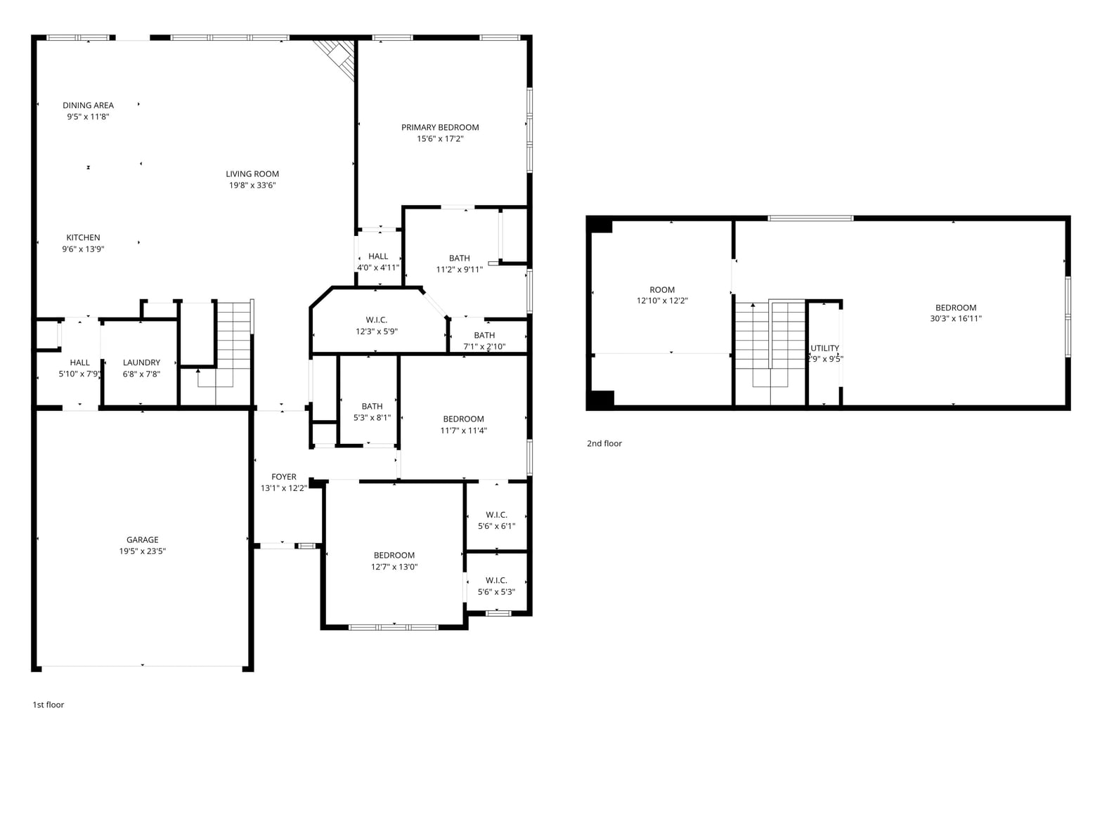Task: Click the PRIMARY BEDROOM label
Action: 440,127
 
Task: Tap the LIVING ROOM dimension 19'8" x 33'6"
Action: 252,185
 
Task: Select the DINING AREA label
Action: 88,105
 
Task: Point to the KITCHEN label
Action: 84,237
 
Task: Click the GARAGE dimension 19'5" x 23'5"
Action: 143,551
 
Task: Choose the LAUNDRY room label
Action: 141,362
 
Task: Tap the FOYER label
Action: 284,477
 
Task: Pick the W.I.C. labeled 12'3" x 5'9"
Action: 377,320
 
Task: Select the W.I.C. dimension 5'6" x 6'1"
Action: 496,526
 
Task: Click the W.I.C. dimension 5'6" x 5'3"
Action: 496,592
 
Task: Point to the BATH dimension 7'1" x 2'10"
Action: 484,346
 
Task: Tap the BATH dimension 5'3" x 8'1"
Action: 372,418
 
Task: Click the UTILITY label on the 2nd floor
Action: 825,348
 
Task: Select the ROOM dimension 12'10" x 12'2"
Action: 662,301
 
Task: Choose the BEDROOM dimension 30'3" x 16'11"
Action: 956,318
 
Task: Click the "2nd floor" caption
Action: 604,443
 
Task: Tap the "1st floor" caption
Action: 48,704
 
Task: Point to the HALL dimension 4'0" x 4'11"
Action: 378,268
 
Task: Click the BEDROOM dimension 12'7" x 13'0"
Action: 394,567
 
